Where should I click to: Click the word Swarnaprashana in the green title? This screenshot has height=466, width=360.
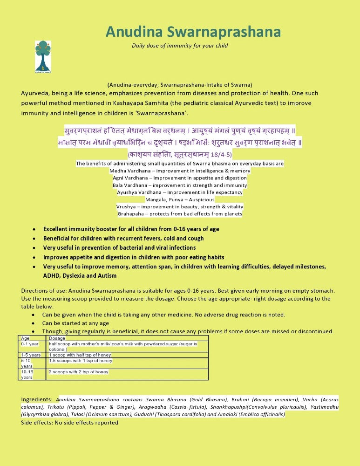(230, 32)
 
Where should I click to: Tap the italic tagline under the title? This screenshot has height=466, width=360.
(180, 46)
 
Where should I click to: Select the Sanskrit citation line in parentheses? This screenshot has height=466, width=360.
(180, 154)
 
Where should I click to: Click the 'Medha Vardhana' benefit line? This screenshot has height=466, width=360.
(180, 171)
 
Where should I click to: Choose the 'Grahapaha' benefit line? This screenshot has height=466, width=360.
(180, 214)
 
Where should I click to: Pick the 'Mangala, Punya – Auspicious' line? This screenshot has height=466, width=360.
(180, 199)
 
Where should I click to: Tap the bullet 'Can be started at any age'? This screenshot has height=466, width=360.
(75, 323)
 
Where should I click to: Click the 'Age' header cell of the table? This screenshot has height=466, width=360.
(26, 338)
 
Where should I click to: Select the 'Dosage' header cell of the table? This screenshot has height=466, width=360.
(57, 338)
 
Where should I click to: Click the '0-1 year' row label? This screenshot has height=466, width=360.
(30, 344)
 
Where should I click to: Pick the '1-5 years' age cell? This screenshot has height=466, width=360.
(31, 355)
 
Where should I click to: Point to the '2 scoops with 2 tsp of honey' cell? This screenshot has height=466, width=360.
(78, 372)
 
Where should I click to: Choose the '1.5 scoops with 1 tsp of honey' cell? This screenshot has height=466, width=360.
(81, 361)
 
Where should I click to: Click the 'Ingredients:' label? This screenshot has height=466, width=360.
(37, 400)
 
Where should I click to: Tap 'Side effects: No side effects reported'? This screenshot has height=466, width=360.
(69, 423)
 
